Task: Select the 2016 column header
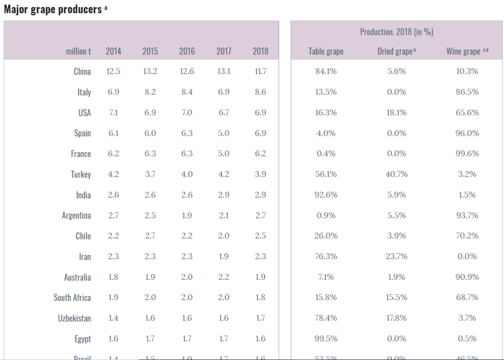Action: (x=187, y=51)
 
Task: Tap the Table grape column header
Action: (x=326, y=51)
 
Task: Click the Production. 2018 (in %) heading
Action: (x=396, y=32)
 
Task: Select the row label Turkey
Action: (x=81, y=175)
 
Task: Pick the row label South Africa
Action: (x=72, y=298)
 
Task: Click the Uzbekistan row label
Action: (x=74, y=318)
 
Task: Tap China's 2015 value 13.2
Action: (x=150, y=71)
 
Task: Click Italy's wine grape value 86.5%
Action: (x=467, y=92)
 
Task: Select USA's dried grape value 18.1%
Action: (x=396, y=113)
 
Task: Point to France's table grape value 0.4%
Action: (x=326, y=153)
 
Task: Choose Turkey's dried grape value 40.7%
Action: (x=396, y=174)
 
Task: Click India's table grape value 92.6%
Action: (x=326, y=195)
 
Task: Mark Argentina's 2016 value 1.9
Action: (x=187, y=215)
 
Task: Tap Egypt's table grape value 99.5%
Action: (x=326, y=339)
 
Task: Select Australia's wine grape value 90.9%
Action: (x=467, y=277)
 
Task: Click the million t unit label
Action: (x=78, y=51)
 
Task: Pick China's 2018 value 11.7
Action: (x=260, y=71)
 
